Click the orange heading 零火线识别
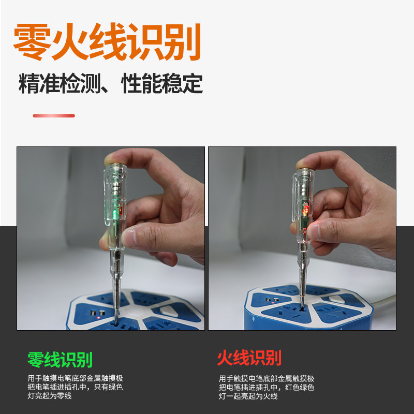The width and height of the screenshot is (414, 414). click(107, 42)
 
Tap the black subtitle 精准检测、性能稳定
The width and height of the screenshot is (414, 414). click(111, 83)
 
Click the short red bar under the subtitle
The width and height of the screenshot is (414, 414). click(54, 115)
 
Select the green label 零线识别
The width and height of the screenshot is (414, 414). click(60, 360)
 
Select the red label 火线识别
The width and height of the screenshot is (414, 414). click(249, 358)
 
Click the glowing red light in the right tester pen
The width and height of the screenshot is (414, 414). click(306, 210)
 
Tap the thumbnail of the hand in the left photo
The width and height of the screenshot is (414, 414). click(128, 238)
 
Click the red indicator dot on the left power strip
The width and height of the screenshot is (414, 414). click(99, 317)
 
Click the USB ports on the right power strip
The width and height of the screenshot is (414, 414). click(273, 300)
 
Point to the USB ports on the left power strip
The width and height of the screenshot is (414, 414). click(98, 313)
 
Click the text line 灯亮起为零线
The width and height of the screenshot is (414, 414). click(50, 396)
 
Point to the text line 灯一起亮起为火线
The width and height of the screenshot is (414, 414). click(248, 396)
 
